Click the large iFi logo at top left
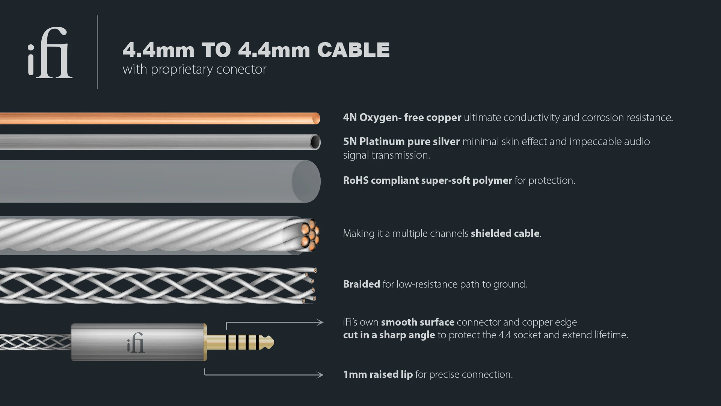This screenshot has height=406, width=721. click(50, 53)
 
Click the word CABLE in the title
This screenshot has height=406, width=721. click(353, 50)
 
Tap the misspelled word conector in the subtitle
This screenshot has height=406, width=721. click(241, 69)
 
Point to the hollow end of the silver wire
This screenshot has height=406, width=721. click(315, 142)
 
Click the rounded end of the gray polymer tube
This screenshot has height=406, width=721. click(306, 182)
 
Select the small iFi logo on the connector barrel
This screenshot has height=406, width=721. click(136, 342)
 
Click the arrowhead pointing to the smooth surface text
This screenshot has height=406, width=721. click(320, 322)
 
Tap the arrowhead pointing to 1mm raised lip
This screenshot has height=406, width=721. click(320, 375)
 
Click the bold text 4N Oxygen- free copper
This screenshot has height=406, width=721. click(402, 117)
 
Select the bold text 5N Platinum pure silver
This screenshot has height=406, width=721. click(401, 141)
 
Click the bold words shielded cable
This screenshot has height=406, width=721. click(505, 233)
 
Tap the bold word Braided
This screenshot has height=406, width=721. click(362, 284)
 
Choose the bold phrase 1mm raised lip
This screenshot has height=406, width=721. click(378, 374)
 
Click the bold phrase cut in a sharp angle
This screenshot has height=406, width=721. click(389, 335)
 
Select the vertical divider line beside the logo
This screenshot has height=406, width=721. click(97, 52)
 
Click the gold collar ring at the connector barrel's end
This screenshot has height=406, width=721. click(205, 342)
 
